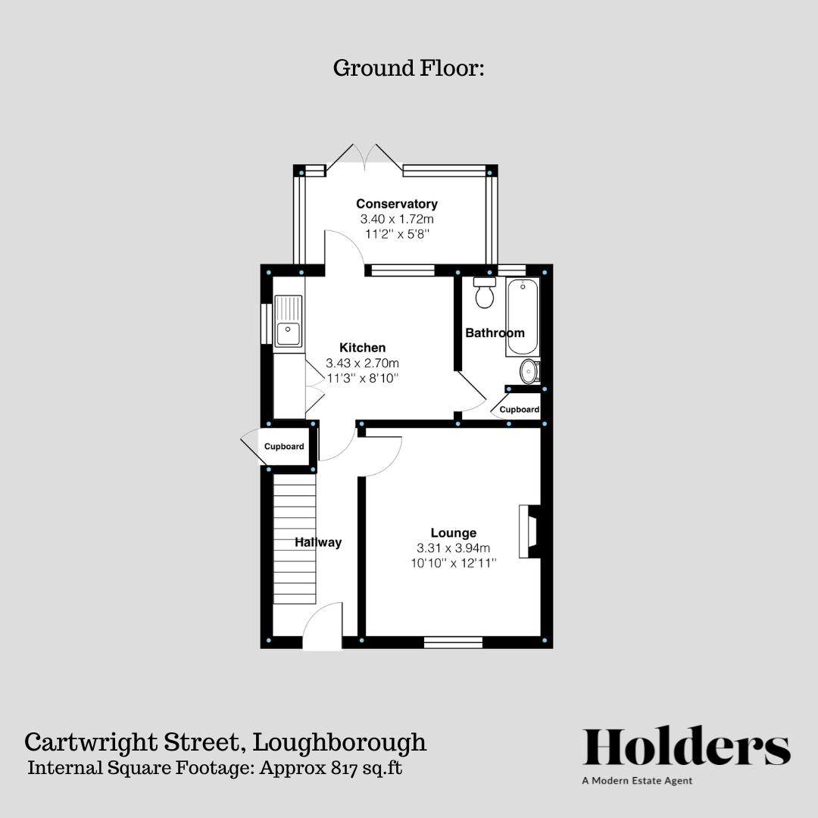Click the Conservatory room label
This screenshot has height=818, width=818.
click(x=397, y=204)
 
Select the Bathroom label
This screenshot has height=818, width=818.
click(x=495, y=333)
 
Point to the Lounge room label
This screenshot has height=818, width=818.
click(x=454, y=532)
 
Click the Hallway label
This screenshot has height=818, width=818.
click(x=318, y=542)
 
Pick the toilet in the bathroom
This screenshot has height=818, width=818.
click(x=484, y=292)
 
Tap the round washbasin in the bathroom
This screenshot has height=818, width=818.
click(x=529, y=371)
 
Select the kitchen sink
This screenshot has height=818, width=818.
click(x=289, y=332)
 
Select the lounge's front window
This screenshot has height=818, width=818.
click(x=453, y=642)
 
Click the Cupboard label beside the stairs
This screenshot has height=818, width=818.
click(x=284, y=447)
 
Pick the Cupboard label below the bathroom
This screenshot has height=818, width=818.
click(x=520, y=410)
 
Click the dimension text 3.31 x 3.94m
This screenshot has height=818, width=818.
click(x=454, y=548)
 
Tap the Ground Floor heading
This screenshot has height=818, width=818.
click(x=408, y=68)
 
